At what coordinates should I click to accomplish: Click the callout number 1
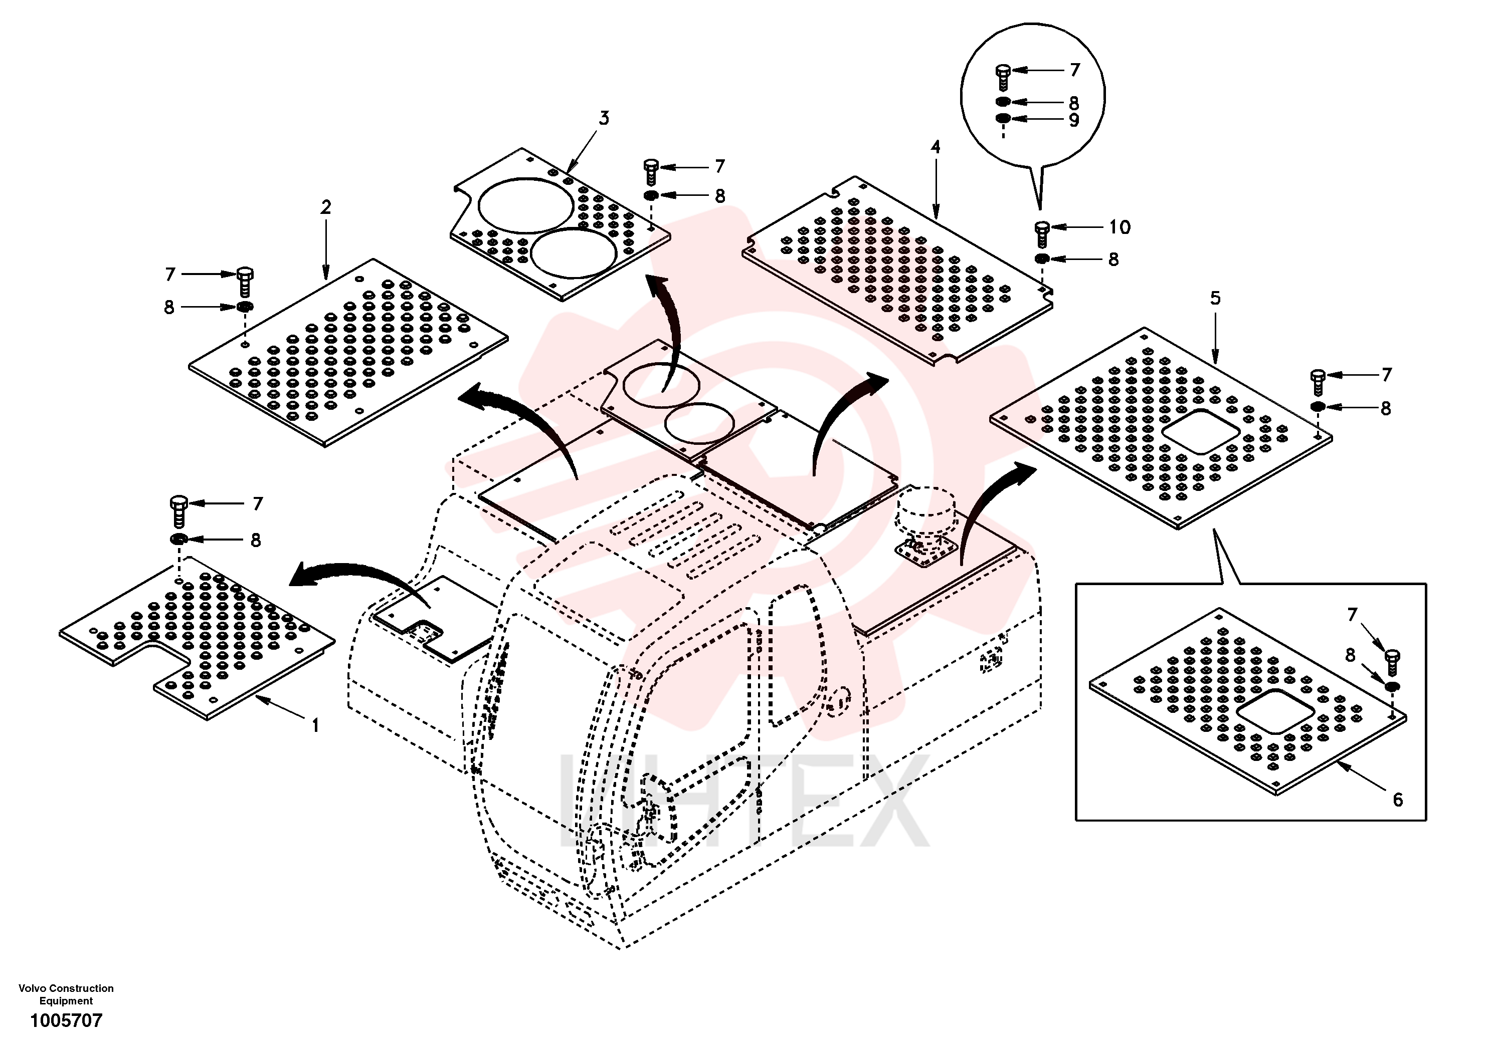(x=316, y=725)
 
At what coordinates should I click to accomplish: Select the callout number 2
(x=325, y=207)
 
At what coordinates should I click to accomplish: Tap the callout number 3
(x=604, y=118)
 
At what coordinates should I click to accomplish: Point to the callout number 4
(x=936, y=147)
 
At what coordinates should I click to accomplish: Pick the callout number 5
(x=1215, y=298)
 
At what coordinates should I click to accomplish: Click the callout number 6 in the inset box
(x=1398, y=800)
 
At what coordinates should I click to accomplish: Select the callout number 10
(x=1120, y=227)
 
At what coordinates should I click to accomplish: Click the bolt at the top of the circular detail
(x=1003, y=77)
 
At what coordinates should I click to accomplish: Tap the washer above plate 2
(x=244, y=307)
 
